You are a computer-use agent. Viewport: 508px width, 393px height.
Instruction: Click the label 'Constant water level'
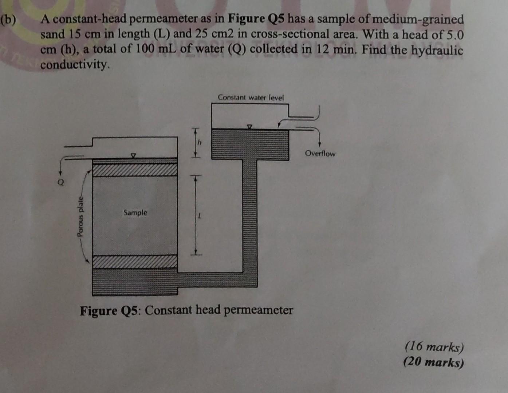point(251,98)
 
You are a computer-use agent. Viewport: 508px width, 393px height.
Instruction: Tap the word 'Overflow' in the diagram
point(320,154)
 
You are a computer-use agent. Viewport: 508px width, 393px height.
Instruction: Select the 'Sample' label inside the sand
point(135,213)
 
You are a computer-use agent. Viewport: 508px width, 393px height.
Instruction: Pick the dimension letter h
point(199,143)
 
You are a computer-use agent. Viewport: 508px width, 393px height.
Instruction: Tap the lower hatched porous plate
point(135,262)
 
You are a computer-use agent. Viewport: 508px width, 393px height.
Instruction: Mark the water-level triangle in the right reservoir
point(249,127)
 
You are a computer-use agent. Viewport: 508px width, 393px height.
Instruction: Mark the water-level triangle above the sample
point(134,155)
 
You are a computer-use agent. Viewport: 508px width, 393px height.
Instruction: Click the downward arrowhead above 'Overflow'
point(319,144)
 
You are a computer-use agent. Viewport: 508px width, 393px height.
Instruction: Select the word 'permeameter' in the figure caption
point(258,310)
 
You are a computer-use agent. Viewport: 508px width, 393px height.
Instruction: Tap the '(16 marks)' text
point(434,347)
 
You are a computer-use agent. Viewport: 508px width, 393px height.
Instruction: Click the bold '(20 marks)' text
point(434,362)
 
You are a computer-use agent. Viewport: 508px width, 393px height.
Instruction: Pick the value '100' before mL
point(147,49)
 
